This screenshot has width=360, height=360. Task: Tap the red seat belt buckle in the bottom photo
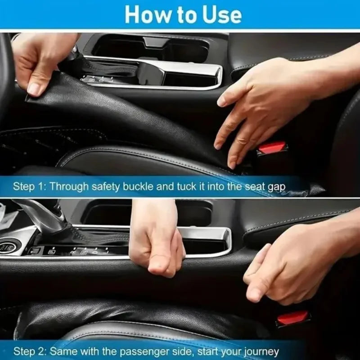click(292, 318)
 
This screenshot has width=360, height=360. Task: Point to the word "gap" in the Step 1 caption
click(275, 186)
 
